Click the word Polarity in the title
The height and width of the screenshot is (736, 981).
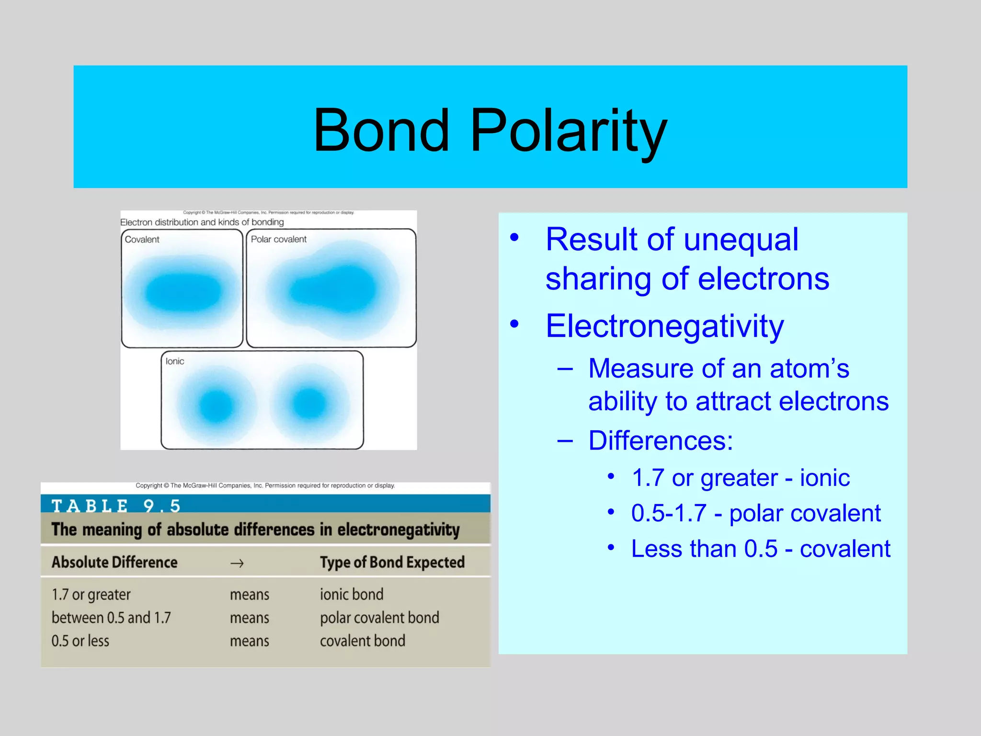click(569, 130)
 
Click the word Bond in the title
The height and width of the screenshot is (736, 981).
click(382, 130)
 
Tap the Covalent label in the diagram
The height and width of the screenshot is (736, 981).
click(142, 239)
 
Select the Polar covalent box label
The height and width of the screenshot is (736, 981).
click(278, 239)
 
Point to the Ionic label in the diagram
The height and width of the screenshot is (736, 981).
click(175, 361)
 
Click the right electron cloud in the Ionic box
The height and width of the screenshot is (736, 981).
click(310, 402)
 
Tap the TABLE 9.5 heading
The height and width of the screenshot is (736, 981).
click(116, 506)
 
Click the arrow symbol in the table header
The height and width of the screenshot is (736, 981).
click(237, 563)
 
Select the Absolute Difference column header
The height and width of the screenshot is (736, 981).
click(114, 562)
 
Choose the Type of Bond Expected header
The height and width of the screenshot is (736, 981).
click(392, 562)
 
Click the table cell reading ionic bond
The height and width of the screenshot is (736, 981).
click(352, 595)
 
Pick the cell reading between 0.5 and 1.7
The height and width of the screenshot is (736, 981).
click(111, 618)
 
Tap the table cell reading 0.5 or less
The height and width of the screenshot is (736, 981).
click(80, 641)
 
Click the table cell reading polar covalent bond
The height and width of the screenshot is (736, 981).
click(379, 618)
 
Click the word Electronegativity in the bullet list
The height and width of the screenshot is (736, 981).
click(664, 326)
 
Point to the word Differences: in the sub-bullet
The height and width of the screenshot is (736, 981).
click(661, 440)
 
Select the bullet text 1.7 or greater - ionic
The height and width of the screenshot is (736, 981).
click(741, 478)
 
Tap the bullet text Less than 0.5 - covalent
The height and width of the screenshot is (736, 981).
click(761, 549)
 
